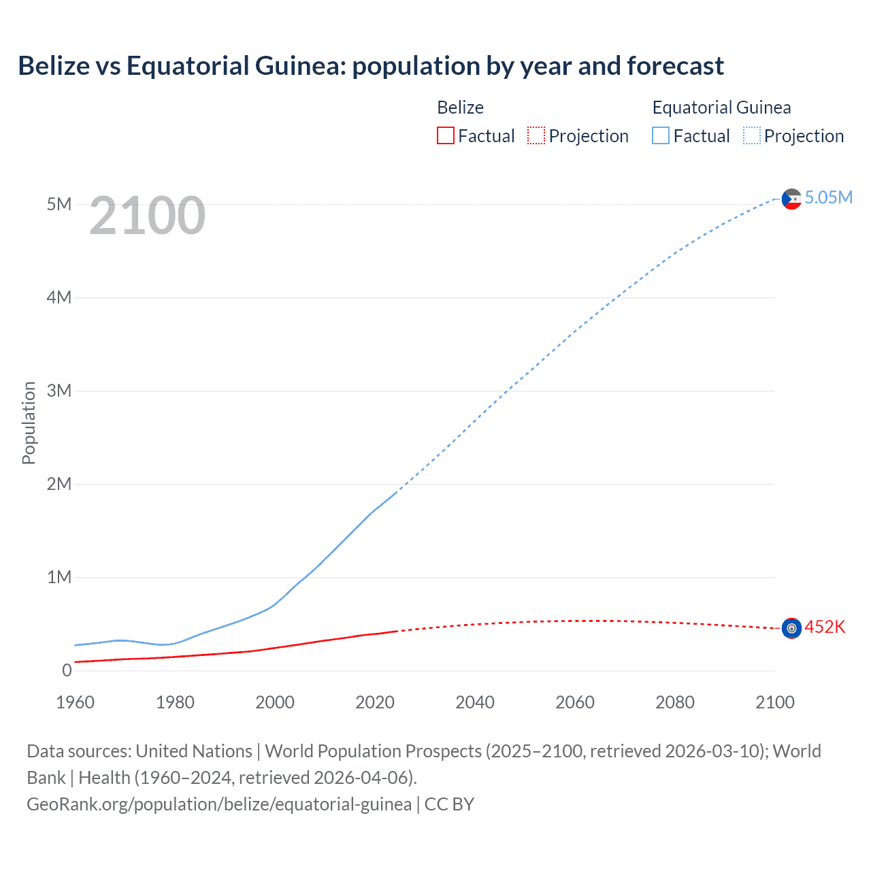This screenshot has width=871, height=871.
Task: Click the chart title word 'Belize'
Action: (54, 66)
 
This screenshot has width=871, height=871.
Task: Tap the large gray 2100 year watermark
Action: (147, 216)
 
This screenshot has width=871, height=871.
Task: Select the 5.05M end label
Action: (828, 197)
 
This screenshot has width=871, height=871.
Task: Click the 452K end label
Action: (825, 627)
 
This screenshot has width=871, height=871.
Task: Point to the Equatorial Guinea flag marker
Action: (791, 199)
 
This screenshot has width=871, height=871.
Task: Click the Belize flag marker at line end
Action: (791, 628)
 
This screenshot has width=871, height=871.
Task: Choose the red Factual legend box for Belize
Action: (445, 136)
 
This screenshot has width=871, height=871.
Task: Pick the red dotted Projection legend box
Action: (536, 136)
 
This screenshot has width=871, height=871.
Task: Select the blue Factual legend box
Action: (661, 136)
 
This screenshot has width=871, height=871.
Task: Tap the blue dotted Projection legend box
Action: (752, 136)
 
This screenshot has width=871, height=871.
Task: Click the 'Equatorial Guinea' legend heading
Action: (721, 108)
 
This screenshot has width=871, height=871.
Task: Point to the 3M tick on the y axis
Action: (59, 391)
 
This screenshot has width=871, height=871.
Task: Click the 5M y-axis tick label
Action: (59, 204)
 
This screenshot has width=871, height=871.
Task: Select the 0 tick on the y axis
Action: (67, 670)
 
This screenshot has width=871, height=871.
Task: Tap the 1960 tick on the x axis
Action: (75, 702)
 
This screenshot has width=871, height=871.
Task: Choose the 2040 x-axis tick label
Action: (475, 702)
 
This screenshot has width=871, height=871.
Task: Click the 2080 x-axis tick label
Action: (675, 702)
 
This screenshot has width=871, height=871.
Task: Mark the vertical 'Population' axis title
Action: (29, 423)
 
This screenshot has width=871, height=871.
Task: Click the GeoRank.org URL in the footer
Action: (219, 804)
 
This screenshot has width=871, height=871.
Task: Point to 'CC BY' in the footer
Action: (449, 804)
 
